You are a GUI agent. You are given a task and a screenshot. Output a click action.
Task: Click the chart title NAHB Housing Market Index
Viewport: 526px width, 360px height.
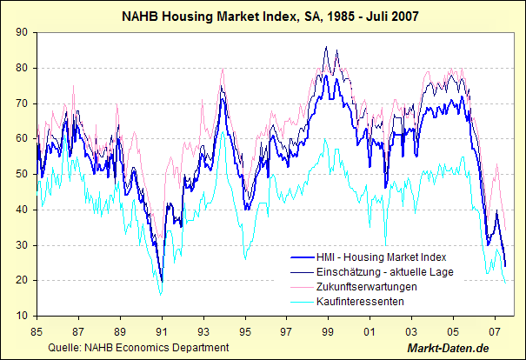point(263,15)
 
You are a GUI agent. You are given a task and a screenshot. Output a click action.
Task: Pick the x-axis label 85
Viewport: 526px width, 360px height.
point(37,331)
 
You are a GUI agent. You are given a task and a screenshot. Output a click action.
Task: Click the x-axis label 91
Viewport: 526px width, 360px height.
point(162,331)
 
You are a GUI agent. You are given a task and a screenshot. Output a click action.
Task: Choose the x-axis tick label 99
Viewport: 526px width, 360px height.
point(328,331)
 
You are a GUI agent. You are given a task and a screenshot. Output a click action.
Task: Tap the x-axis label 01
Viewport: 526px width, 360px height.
point(370,331)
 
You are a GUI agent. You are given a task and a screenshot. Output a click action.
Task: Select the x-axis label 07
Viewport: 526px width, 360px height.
point(494,331)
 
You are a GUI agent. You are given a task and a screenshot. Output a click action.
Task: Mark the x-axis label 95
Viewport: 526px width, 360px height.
point(245,331)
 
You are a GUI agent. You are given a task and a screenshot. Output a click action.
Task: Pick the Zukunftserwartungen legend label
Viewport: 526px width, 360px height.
point(367,286)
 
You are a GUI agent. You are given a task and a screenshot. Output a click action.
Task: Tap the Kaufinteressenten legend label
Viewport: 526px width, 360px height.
point(361,300)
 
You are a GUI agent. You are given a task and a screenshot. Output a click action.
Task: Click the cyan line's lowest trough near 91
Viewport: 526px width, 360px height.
point(161,295)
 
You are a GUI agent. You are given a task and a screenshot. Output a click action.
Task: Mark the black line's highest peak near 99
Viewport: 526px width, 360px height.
point(325,47)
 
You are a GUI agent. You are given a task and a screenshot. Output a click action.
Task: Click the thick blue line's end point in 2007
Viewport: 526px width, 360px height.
point(505,266)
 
